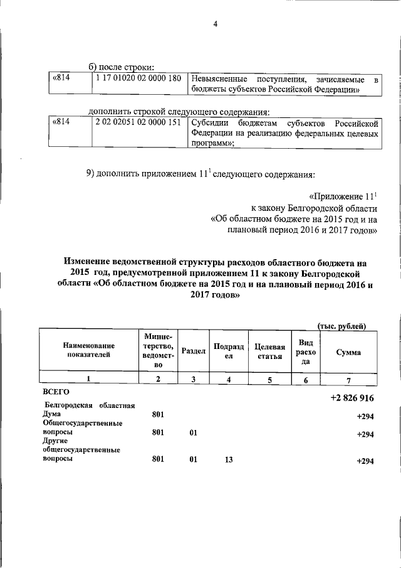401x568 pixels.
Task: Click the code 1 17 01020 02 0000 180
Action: [138, 78]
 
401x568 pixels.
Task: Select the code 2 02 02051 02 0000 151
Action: [138, 122]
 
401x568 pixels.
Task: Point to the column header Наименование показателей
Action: [88, 351]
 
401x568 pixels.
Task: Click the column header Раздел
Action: [194, 351]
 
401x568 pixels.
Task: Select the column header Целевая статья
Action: [266, 351]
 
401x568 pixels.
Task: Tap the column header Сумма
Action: [348, 352]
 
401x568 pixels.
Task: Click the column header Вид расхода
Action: [306, 351]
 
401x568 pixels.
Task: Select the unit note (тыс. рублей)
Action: [342, 325]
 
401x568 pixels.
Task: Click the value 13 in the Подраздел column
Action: [229, 459]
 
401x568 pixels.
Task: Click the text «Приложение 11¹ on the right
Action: [344, 196]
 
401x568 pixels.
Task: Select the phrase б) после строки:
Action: [121, 67]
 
